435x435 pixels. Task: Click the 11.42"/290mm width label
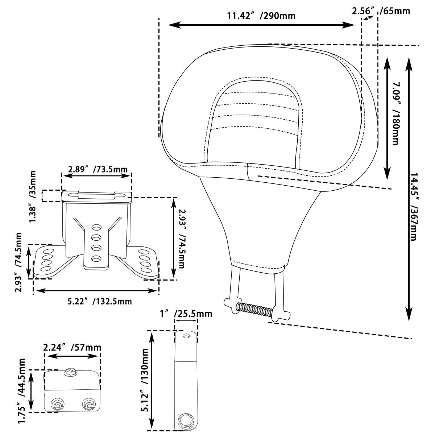(261, 16)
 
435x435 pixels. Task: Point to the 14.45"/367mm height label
(414, 207)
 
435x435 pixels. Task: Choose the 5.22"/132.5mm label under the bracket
(100, 301)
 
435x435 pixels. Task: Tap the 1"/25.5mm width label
(186, 314)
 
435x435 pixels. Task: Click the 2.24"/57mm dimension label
(72, 348)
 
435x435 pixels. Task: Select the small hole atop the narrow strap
(187, 336)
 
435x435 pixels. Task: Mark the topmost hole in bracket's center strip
(96, 228)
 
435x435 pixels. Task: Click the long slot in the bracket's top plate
(96, 196)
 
